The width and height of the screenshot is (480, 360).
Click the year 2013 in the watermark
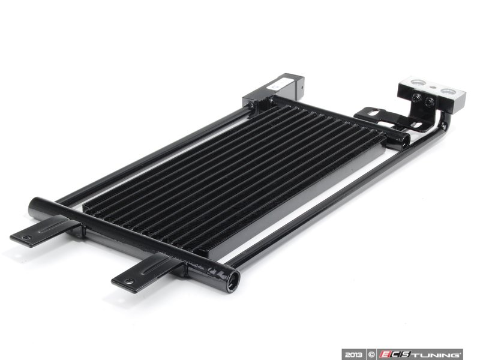(x=353, y=355)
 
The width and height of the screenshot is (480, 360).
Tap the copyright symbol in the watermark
(x=371, y=355)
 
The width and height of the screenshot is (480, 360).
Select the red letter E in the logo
(x=384, y=355)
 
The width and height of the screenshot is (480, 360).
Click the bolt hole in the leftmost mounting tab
(x=28, y=237)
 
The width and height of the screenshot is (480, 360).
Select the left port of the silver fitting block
(x=417, y=82)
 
